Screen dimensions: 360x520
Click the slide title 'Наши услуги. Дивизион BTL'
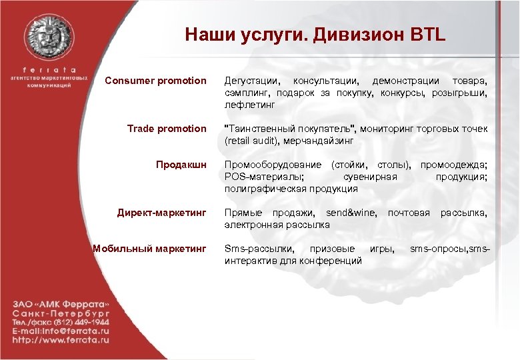pos(315,34)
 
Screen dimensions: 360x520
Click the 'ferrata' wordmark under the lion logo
pos(49,69)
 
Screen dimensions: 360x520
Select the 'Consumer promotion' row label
pos(155,81)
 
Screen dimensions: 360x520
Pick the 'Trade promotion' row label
pos(167,129)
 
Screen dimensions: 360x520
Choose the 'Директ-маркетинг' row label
pos(162,213)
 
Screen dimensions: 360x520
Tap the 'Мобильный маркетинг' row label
pos(149,249)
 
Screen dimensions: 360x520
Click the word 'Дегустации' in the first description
pos(249,81)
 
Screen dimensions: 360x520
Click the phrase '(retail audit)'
pos(251,141)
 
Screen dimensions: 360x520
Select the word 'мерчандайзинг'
pos(319,141)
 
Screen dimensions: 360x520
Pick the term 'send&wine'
pos(352,213)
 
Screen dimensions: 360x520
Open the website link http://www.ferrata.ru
pos(61,339)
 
